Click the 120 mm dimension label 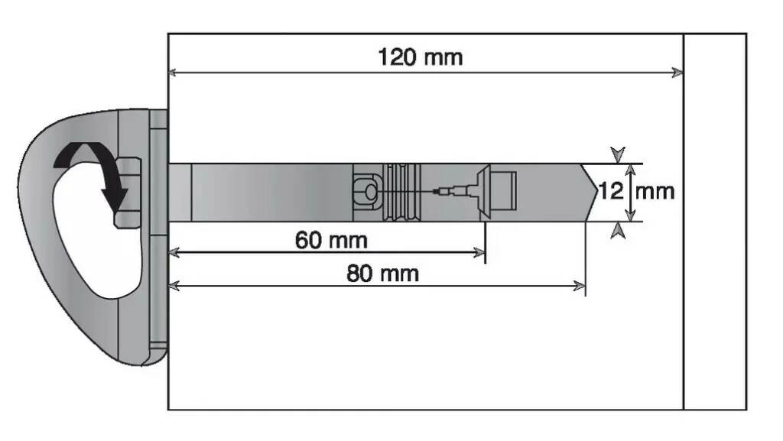[420, 57]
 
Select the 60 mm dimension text [331, 240]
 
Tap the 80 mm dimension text [382, 273]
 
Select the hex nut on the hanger [128, 192]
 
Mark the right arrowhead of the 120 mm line [677, 73]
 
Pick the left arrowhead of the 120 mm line [174, 73]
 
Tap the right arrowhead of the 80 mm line [580, 286]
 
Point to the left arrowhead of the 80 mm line [174, 286]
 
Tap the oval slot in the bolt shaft [366, 192]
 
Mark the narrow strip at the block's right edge [714, 222]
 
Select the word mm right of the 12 [655, 190]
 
